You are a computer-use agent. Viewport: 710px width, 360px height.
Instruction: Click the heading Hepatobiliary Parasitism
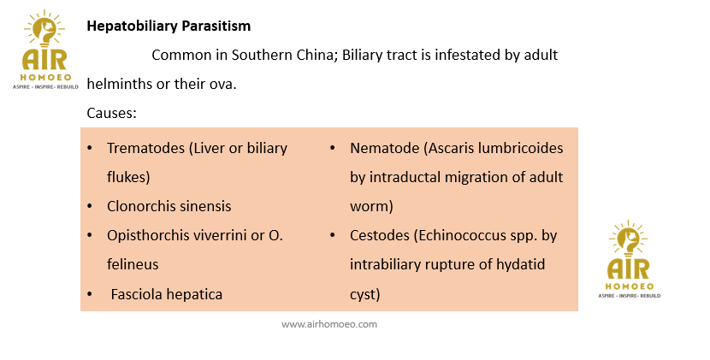[x=169, y=26]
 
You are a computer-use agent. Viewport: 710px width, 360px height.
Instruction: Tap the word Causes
[x=111, y=113]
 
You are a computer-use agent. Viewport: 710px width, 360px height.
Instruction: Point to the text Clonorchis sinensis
[x=169, y=206]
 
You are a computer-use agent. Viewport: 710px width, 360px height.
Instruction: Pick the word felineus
[x=133, y=264]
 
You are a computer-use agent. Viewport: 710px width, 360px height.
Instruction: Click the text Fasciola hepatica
[x=167, y=294]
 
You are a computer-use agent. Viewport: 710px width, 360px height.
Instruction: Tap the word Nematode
[x=384, y=148]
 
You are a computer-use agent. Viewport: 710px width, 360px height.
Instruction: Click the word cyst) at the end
[x=365, y=295]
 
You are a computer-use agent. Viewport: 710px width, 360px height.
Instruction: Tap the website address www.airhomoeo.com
[x=329, y=324]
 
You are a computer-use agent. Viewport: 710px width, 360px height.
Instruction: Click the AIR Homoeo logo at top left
[x=45, y=50]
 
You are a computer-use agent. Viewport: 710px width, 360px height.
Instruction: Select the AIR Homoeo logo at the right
[x=630, y=259]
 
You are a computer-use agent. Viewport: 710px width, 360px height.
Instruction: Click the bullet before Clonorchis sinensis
[x=90, y=206]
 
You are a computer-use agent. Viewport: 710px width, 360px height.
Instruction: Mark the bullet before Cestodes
[x=333, y=235]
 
